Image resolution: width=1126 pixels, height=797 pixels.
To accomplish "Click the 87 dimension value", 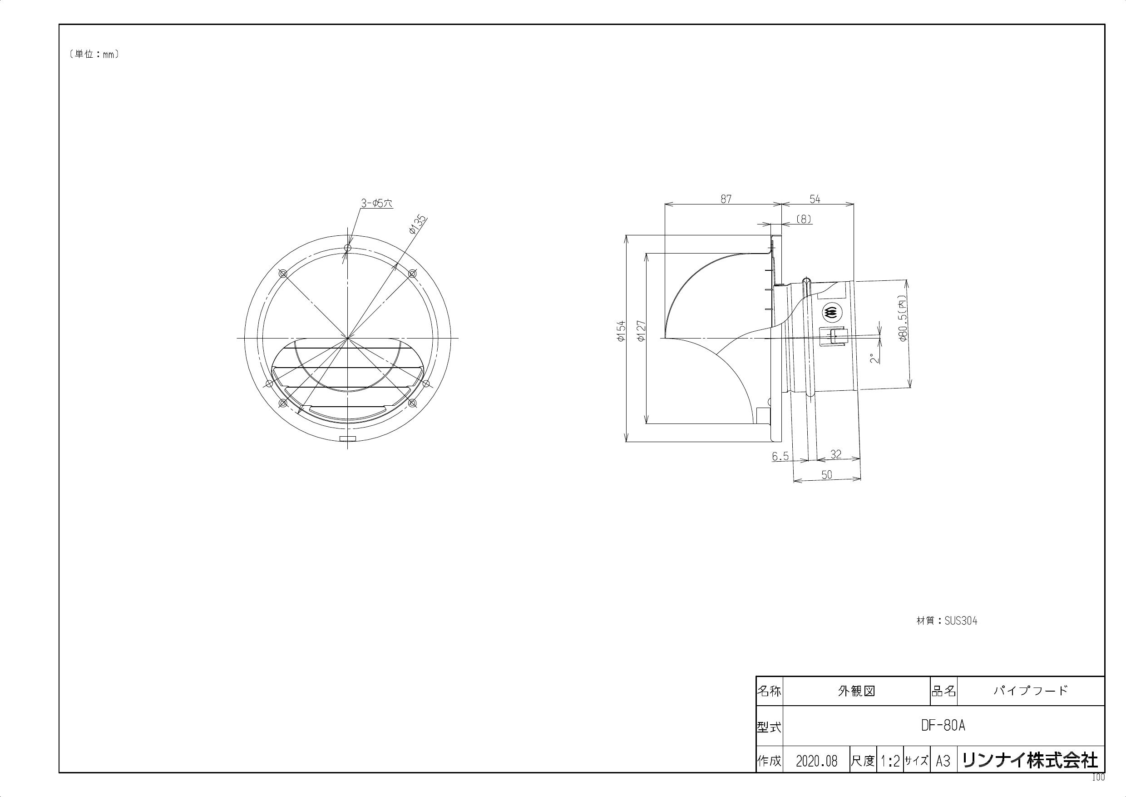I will pyautogui.click(x=726, y=199).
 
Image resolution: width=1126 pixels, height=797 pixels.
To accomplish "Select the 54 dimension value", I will pyautogui.click(x=815, y=199).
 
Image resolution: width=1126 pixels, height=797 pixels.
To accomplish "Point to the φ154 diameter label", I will pyautogui.click(x=620, y=331).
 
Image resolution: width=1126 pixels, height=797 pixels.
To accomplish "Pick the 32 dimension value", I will pyautogui.click(x=836, y=454).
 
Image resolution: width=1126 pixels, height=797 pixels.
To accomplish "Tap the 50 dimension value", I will pyautogui.click(x=826, y=474).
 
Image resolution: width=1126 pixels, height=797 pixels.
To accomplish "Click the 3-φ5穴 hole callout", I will pyautogui.click(x=377, y=203).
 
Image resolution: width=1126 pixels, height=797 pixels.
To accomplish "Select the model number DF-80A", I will pyautogui.click(x=943, y=726).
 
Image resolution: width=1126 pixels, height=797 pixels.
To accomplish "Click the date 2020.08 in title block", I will pyautogui.click(x=816, y=761).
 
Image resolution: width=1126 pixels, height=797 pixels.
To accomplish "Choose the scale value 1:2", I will pyautogui.click(x=889, y=761).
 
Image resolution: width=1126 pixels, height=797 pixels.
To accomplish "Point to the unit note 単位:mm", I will pyautogui.click(x=94, y=55).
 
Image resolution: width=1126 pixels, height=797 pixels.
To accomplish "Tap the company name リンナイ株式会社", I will pyautogui.click(x=1030, y=761).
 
